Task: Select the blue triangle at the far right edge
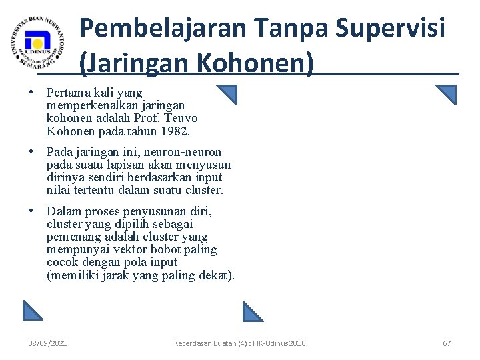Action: pos(447,95)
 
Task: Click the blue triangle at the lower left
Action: pos(32,310)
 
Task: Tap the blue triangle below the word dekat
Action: pos(253,311)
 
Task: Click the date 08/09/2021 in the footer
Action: pos(47,343)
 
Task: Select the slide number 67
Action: pos(447,343)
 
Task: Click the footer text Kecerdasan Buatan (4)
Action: pos(211,343)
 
